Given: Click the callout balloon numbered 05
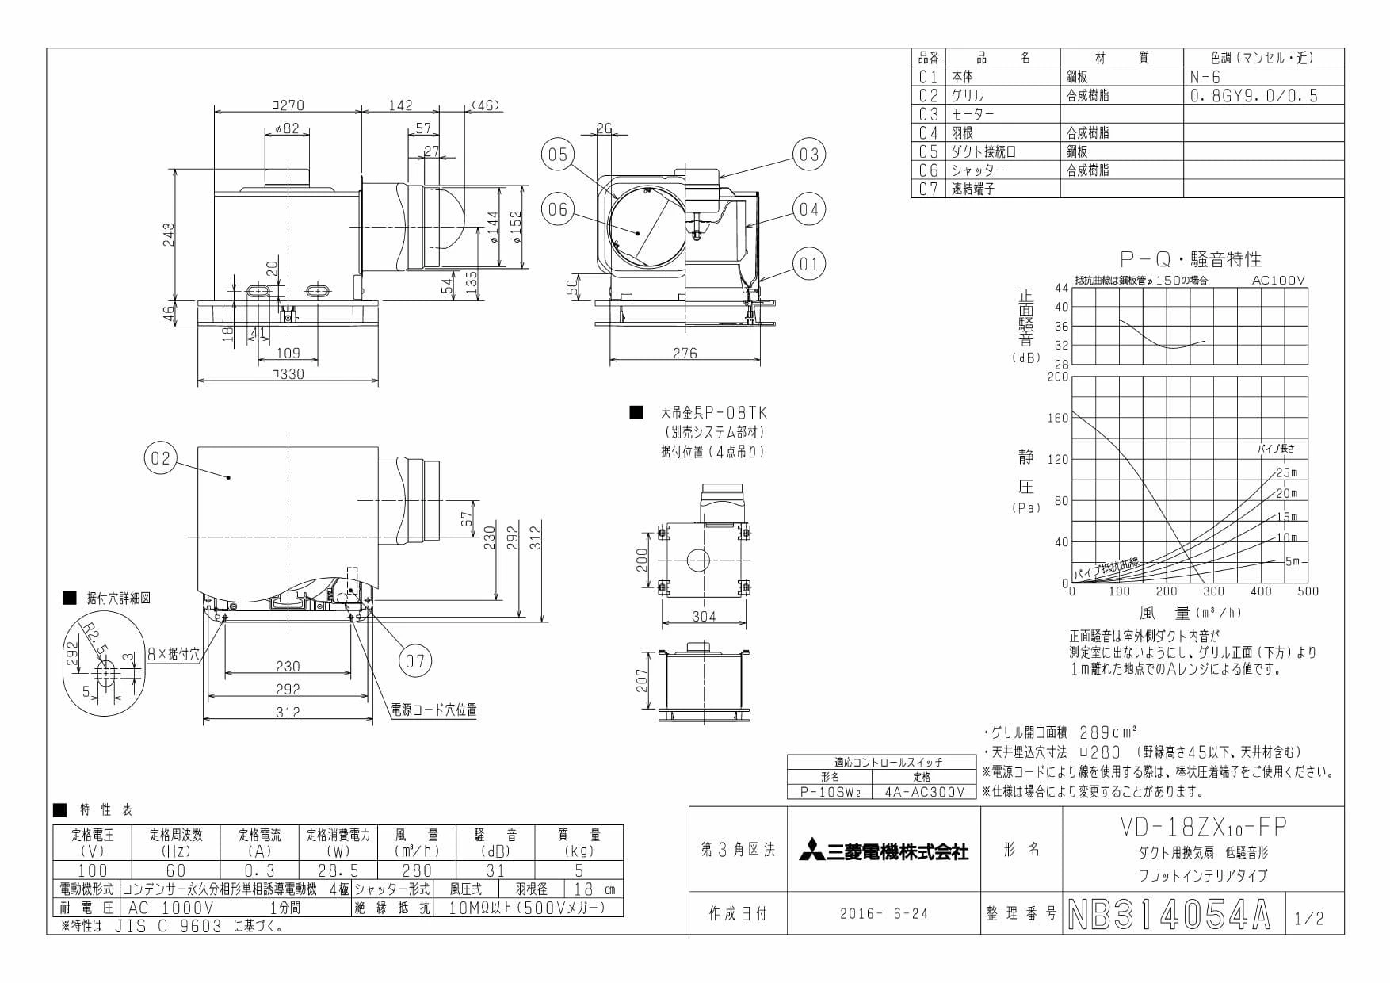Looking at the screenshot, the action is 559,154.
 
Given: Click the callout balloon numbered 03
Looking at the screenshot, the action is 808,154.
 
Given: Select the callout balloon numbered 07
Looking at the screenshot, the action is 415,660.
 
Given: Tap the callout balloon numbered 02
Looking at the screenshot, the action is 160,458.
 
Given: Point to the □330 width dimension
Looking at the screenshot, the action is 288,374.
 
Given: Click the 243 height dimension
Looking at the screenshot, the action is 169,234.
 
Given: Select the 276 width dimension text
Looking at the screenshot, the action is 685,354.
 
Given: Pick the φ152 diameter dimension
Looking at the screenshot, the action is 516,227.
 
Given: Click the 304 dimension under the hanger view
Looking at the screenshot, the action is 704,616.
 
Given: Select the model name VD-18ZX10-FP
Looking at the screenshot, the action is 1202,828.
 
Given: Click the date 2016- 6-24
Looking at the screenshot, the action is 884,914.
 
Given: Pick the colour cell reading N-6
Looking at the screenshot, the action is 1205,77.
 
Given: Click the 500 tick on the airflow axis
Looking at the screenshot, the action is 1308,591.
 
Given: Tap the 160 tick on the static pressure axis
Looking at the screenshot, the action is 1058,418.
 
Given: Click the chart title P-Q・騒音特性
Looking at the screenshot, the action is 1190,258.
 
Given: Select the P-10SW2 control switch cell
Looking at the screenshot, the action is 829,791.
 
